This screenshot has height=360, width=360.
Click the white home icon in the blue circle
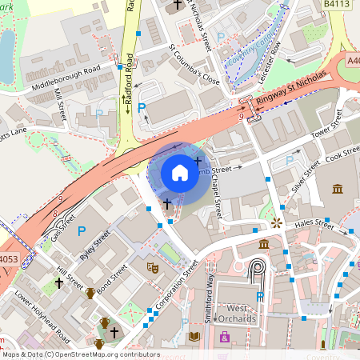point(180,172)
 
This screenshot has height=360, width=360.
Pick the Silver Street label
point(305,175)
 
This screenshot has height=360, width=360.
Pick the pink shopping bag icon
point(225,337)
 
